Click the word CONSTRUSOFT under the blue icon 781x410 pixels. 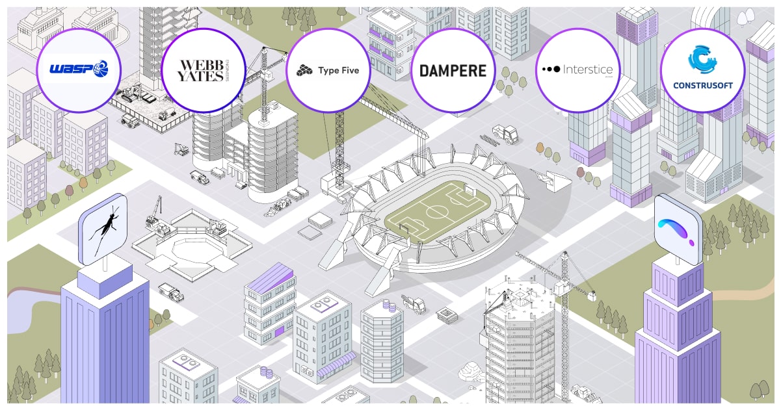tap(702, 86)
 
